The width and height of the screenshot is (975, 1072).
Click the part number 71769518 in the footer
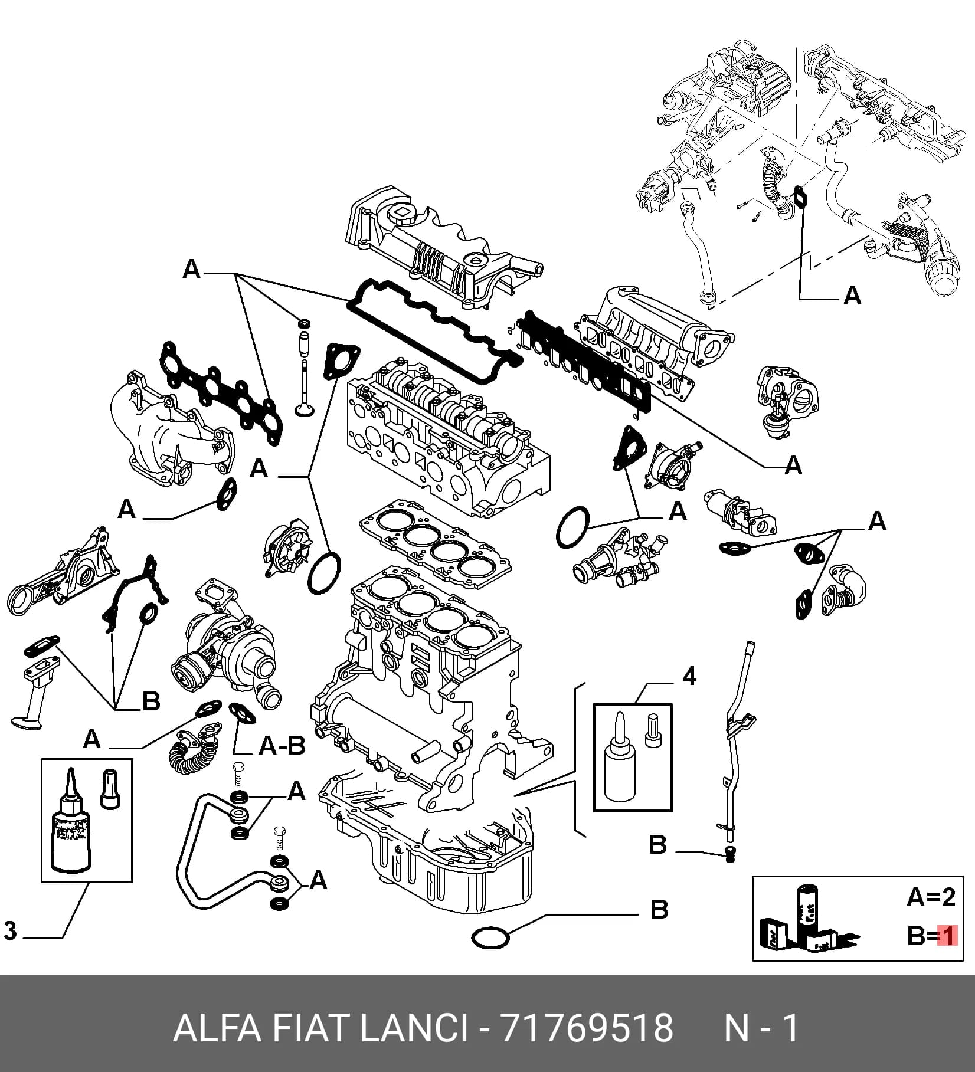coord(586,1028)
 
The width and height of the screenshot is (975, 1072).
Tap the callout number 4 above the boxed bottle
coord(689,676)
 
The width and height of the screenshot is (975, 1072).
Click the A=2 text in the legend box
coord(931,897)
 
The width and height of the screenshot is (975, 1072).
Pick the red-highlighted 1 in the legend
coord(947,936)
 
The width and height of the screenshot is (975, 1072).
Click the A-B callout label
coord(282,746)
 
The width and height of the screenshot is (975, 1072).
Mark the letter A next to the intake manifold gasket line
coord(794,466)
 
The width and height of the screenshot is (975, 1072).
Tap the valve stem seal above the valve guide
coord(305,323)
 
